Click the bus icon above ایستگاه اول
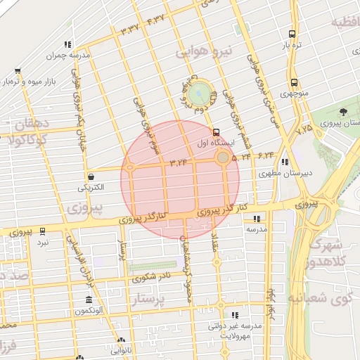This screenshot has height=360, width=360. [215, 131]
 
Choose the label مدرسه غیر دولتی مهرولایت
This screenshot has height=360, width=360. [234, 330]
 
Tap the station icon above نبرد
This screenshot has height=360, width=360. [43, 231]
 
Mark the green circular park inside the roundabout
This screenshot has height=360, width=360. [199, 91]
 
